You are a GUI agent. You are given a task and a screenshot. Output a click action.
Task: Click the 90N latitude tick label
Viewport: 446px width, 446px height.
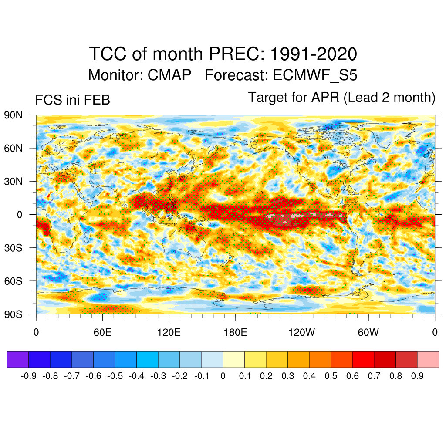pos(13,115)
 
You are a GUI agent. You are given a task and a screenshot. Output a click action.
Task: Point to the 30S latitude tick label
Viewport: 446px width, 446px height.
pos(13,248)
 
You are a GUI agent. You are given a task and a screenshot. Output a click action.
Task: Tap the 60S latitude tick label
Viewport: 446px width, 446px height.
pos(13,281)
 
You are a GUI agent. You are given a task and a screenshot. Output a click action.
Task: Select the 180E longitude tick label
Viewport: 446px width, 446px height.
pos(235,333)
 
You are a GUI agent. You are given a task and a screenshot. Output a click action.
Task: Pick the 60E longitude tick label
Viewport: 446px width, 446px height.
pos(102,333)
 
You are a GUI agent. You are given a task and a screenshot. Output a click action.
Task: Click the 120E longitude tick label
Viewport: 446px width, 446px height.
pos(169,333)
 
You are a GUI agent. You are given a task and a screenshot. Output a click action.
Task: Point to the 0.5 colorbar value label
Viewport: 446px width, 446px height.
pos(331,376)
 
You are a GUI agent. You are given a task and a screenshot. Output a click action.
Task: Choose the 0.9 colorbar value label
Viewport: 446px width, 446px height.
pos(417,376)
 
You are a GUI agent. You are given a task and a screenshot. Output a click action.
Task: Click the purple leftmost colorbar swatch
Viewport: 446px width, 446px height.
pos(18,359)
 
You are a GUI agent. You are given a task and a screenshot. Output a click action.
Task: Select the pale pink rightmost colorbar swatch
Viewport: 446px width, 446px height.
pos(428,359)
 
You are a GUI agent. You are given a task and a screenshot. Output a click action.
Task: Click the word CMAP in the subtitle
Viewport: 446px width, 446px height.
pos(169,75)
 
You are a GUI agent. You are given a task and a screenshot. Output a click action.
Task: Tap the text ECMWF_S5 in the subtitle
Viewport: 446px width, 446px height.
pos(315,75)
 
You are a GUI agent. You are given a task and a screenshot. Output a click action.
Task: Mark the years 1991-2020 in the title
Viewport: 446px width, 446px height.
pos(314,54)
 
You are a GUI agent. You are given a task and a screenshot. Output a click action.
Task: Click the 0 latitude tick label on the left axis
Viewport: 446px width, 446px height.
pos(20,214)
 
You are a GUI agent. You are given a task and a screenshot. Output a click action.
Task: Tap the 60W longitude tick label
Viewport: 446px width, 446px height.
pos(368,333)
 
